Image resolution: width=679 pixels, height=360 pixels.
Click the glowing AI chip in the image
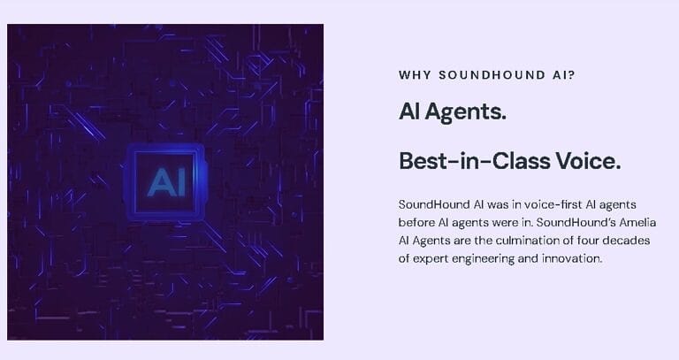(x=164, y=181)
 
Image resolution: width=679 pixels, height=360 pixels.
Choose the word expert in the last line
(x=432, y=259)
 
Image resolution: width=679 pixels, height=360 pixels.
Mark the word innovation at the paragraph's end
(x=574, y=259)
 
